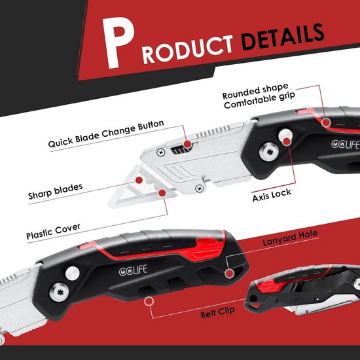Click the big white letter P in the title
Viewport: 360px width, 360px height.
(118, 43)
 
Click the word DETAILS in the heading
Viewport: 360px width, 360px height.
(283, 37)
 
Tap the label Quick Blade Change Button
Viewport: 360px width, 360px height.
(106, 134)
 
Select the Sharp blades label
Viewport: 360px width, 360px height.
(56, 192)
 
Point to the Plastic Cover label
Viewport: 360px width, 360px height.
(53, 232)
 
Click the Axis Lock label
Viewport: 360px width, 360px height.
(272, 195)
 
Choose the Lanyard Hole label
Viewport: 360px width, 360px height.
(290, 238)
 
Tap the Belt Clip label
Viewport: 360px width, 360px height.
(218, 312)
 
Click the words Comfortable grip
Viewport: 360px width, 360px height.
(259, 100)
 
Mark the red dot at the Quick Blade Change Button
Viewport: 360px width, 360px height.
(188, 144)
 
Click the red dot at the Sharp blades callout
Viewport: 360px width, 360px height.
(139, 180)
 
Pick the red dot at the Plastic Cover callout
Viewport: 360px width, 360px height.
(162, 193)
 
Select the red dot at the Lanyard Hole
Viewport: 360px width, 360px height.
(229, 274)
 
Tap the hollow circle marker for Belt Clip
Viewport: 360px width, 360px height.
(149, 301)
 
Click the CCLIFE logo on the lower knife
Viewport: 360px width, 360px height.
(133, 270)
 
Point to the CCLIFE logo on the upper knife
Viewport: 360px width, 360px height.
(346, 144)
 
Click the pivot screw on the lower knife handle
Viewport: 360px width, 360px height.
(59, 292)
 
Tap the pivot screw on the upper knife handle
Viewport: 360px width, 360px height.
(269, 151)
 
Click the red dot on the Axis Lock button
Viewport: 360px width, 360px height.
(286, 141)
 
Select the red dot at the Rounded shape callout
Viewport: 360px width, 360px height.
(326, 122)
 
